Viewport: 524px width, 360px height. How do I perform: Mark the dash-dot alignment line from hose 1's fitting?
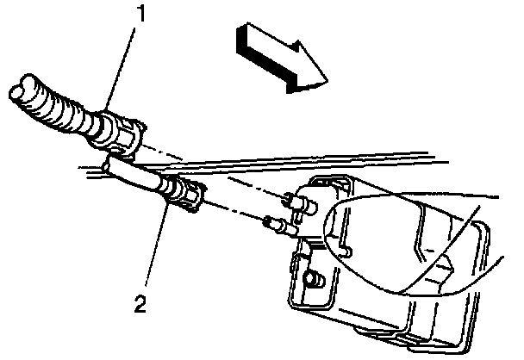(x=215, y=171)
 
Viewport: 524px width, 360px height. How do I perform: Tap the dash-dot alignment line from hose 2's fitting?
(x=233, y=211)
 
